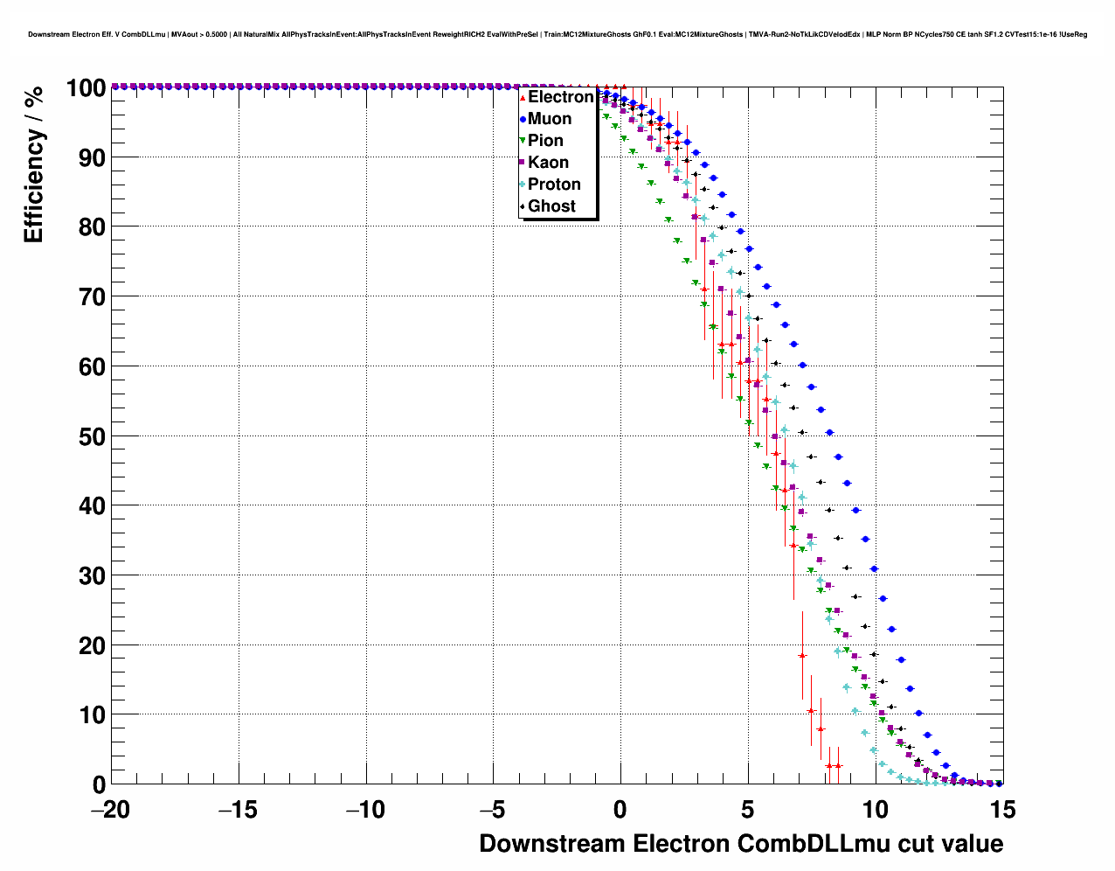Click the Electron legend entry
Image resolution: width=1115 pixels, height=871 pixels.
tap(560, 97)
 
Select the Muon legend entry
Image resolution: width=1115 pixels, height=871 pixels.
tap(550, 119)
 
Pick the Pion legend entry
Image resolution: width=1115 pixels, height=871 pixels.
tap(545, 141)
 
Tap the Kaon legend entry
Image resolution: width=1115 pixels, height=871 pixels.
tap(548, 163)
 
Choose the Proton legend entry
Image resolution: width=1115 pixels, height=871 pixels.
tap(554, 185)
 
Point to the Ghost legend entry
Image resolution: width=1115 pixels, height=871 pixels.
tap(551, 206)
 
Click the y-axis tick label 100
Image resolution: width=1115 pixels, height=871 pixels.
tap(85, 88)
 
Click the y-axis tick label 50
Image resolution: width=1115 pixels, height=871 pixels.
tap(92, 436)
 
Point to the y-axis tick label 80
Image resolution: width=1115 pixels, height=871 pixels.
tap(92, 227)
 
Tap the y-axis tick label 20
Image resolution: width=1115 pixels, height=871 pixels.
tap(92, 645)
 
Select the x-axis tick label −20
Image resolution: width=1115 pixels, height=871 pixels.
tap(110, 810)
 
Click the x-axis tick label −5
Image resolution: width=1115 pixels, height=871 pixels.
tap(493, 810)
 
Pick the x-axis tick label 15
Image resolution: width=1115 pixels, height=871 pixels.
tap(1002, 810)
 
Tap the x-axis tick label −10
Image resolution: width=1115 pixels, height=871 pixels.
tap(365, 810)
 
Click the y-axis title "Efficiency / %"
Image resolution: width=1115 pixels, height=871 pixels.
tap(33, 164)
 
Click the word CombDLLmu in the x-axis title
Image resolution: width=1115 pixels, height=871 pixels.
tap(803, 844)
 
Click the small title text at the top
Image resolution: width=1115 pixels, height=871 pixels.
tap(557, 34)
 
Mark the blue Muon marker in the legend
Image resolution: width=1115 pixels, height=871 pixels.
tap(523, 119)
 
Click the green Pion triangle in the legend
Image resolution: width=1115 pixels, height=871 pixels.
tap(523, 141)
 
